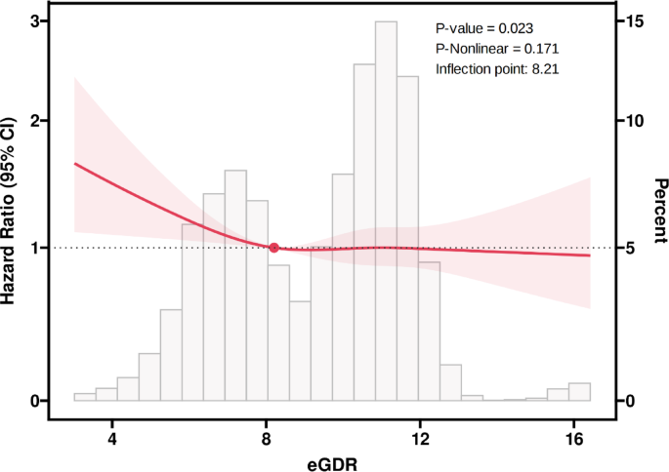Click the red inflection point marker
(274, 248)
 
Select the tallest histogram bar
(386, 211)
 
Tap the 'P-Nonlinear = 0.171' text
(497, 49)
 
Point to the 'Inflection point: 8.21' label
(497, 69)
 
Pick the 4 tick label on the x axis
(111, 438)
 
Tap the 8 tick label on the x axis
(266, 438)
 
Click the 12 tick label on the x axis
(420, 438)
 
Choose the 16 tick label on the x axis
(574, 438)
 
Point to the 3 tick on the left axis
(34, 20)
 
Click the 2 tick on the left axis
(34, 121)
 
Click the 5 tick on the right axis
(633, 248)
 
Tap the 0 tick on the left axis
(34, 401)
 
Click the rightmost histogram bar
(580, 392)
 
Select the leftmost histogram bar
(85, 397)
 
